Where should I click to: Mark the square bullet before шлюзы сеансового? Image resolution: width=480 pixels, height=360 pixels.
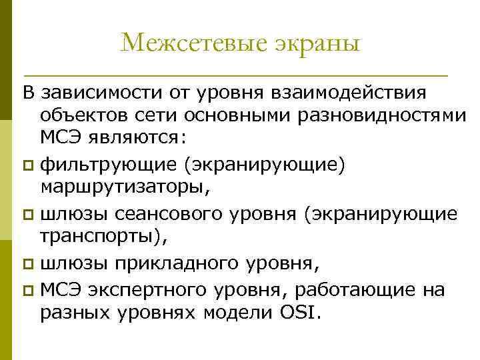point(27,214)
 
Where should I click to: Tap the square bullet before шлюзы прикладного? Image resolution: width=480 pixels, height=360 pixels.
point(27,264)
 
